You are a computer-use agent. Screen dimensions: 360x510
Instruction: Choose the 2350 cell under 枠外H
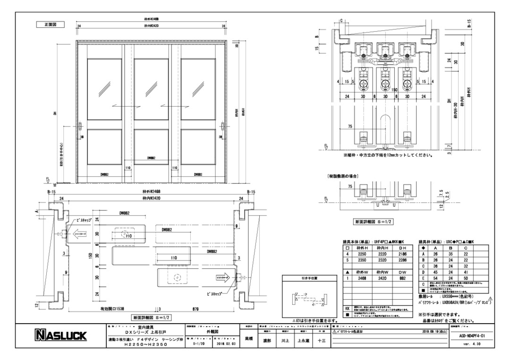click(362, 260)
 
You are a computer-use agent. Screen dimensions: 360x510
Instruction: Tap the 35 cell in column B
click(451, 253)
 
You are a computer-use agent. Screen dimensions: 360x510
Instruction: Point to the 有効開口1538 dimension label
click(112, 310)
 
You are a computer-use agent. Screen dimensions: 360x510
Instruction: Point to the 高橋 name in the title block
click(247, 338)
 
